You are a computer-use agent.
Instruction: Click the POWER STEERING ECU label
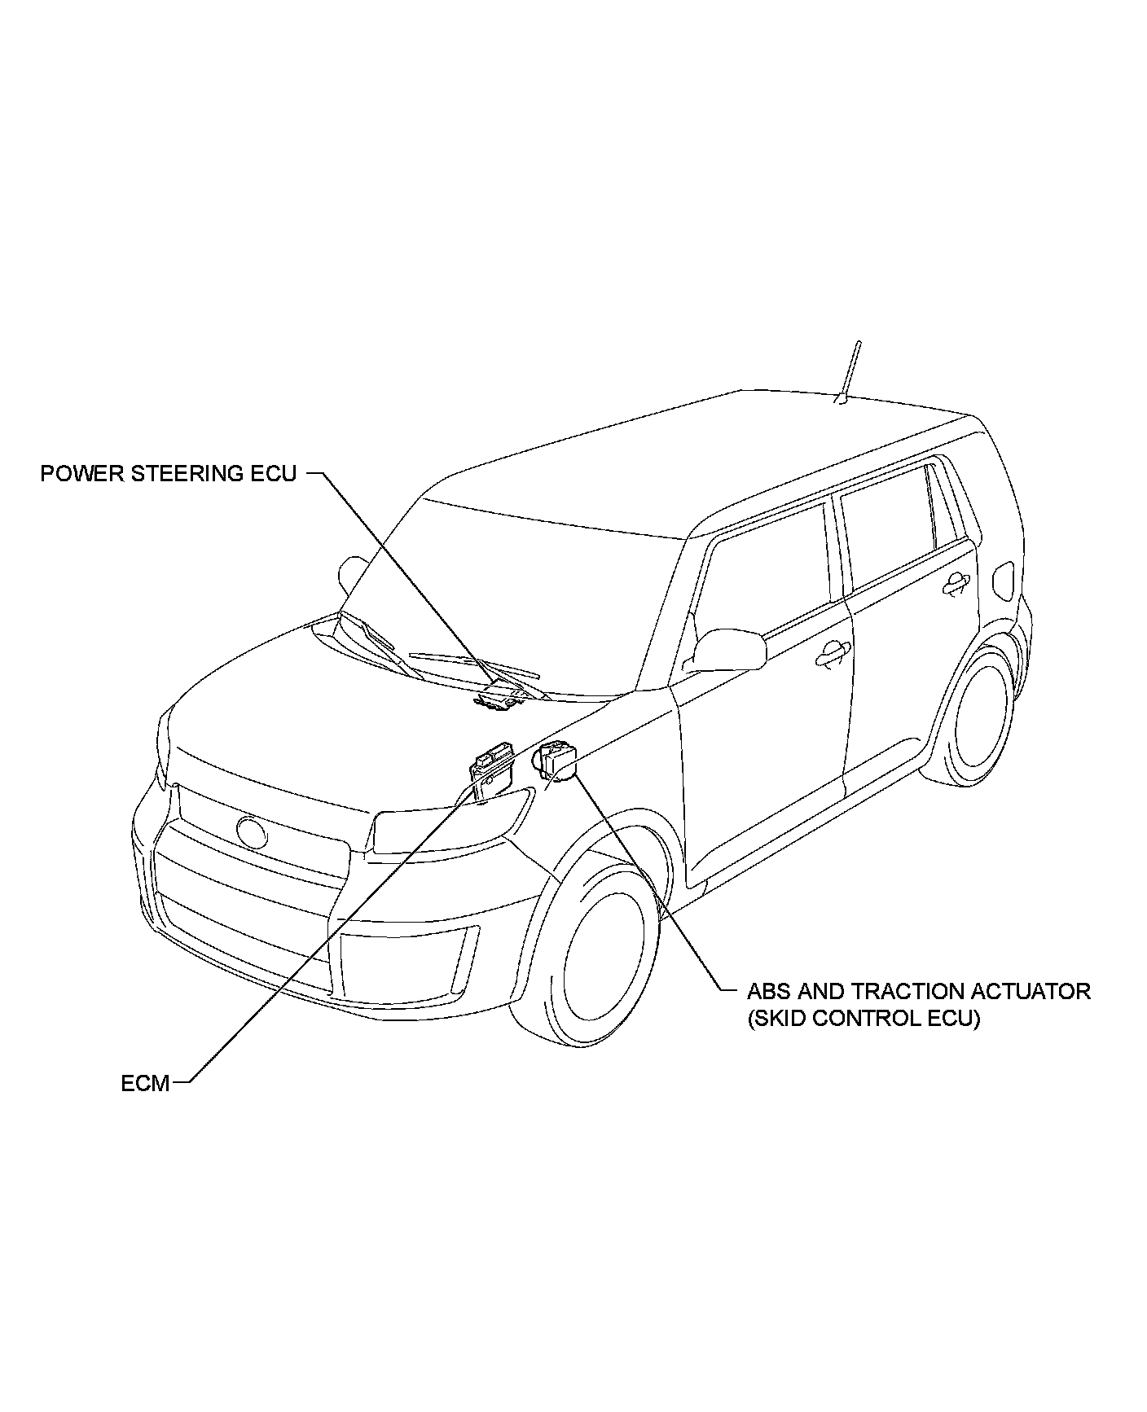point(169,473)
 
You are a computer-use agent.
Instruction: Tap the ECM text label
point(145,1083)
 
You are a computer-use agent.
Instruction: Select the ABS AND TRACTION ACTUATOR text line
point(918,991)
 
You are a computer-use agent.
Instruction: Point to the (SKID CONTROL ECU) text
point(864,1019)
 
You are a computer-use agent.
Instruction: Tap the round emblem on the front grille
point(252,832)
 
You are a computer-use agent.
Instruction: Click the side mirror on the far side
point(353,569)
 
